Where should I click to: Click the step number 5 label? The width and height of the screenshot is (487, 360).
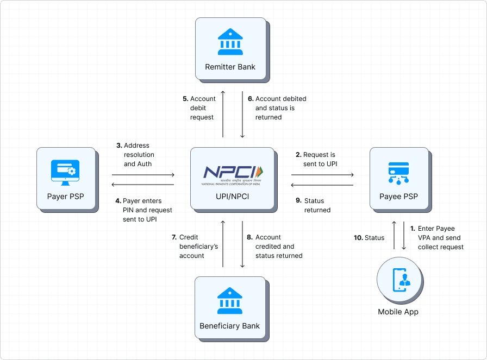(185, 99)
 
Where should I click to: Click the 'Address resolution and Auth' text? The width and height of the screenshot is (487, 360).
(136, 154)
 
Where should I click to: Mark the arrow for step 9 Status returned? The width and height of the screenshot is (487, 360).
(323, 186)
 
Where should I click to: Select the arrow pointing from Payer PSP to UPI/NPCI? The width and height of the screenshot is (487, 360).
(143, 175)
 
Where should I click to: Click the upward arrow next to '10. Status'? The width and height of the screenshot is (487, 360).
(394, 236)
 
